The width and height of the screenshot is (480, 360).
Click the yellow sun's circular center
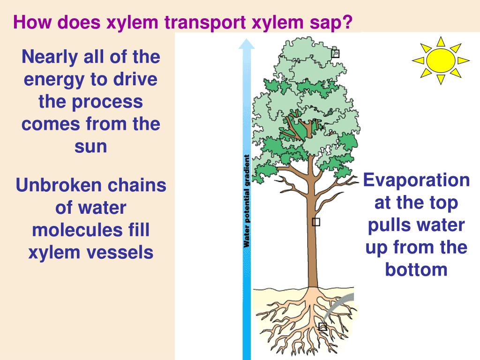pos(441,60)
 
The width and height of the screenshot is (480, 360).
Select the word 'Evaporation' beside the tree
pos(417,180)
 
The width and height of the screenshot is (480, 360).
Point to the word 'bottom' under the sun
pos(416,270)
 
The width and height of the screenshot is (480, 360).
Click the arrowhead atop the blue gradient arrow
pos(247,45)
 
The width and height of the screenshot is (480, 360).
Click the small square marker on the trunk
pos(316,222)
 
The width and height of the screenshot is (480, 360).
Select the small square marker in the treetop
pos(335,53)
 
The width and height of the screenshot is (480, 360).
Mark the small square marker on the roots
pos(322,326)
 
